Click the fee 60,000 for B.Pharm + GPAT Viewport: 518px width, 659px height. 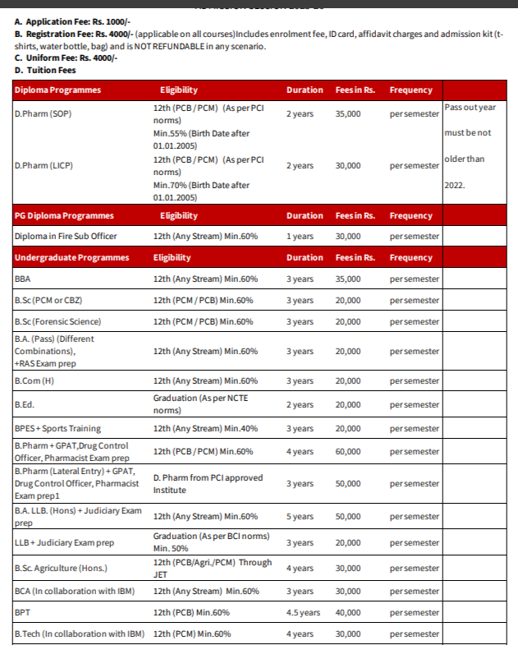click(347, 451)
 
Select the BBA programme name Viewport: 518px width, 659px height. click(23, 279)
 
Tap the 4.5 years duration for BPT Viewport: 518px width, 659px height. click(303, 612)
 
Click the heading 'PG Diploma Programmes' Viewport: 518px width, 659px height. click(64, 215)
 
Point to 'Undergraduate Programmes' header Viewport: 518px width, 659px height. click(71, 257)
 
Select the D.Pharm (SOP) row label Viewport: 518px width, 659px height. click(43, 113)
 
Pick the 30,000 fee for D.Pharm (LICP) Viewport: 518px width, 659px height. click(347, 166)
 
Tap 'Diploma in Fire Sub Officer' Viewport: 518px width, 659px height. click(66, 236)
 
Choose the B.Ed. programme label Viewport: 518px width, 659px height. click(25, 404)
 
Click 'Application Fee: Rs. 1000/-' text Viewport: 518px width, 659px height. click(78, 21)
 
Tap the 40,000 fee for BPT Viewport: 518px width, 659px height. click(347, 612)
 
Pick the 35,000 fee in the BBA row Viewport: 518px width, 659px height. click(347, 279)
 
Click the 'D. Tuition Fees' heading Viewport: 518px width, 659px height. click(51, 70)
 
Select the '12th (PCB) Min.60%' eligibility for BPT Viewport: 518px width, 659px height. click(191, 612)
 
